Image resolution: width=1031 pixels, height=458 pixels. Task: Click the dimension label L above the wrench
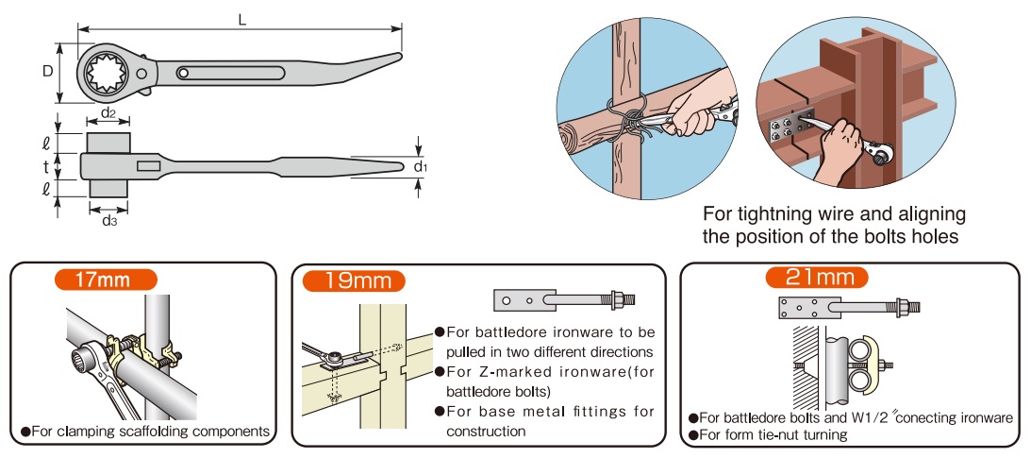point(242,20)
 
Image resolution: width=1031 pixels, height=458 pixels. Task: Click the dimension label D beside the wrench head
point(46,71)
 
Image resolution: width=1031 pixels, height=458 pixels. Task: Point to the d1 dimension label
point(421,167)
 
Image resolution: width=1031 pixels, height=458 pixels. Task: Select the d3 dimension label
point(109,221)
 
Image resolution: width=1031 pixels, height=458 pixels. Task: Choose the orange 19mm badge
point(354,280)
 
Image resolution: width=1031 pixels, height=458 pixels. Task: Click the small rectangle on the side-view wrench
point(149,166)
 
